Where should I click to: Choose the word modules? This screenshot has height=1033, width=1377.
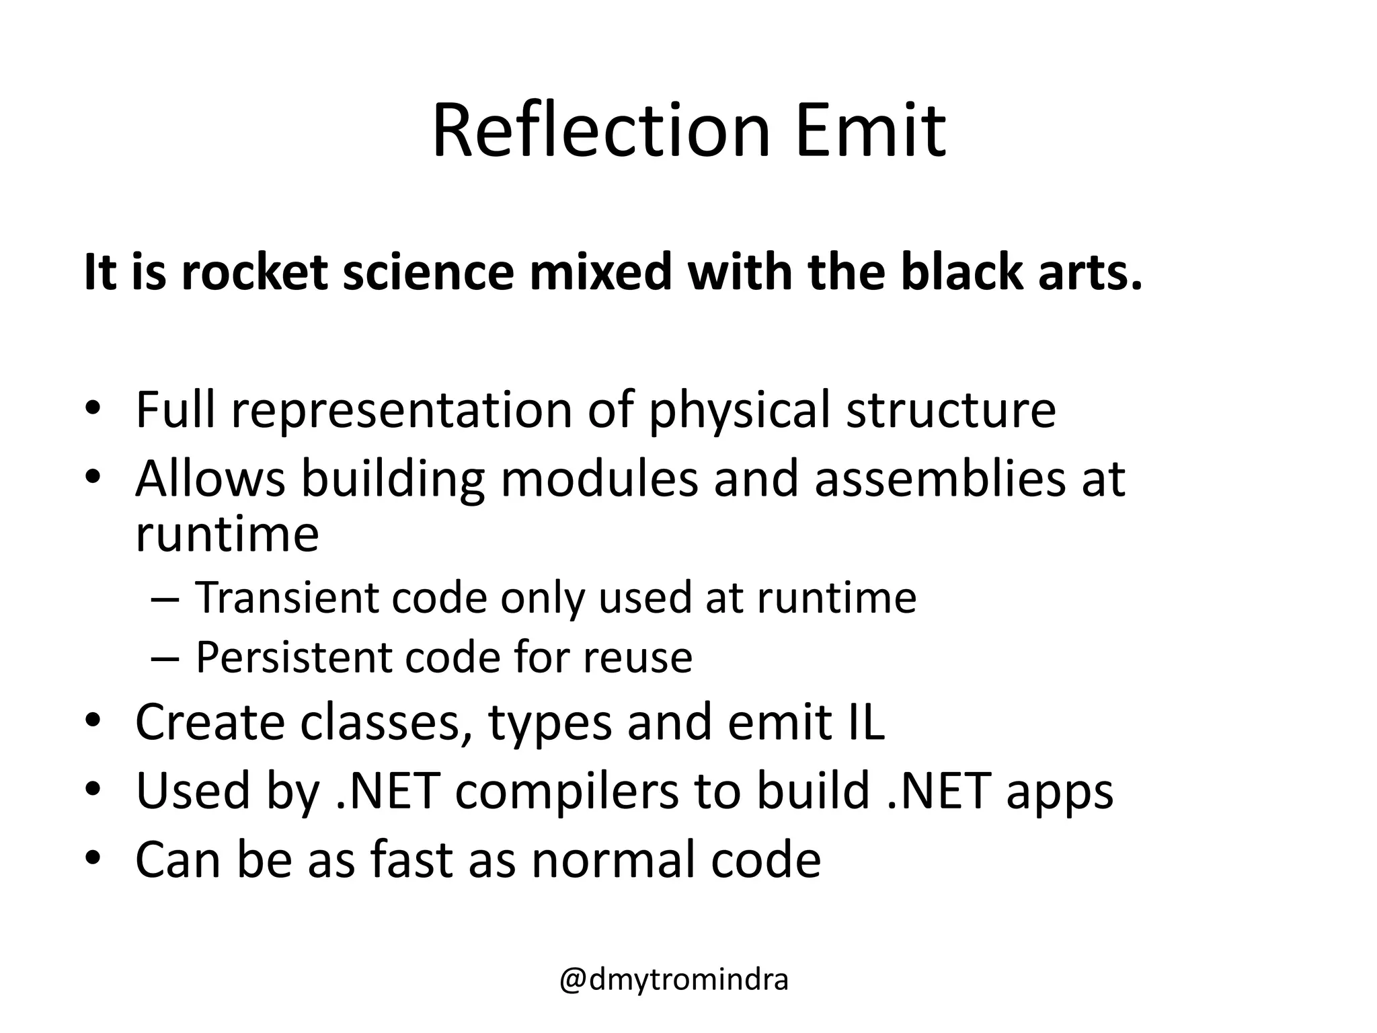[599, 478]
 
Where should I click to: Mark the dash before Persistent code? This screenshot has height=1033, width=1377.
[165, 658]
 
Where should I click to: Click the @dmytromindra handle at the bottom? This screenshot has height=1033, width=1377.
[674, 980]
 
